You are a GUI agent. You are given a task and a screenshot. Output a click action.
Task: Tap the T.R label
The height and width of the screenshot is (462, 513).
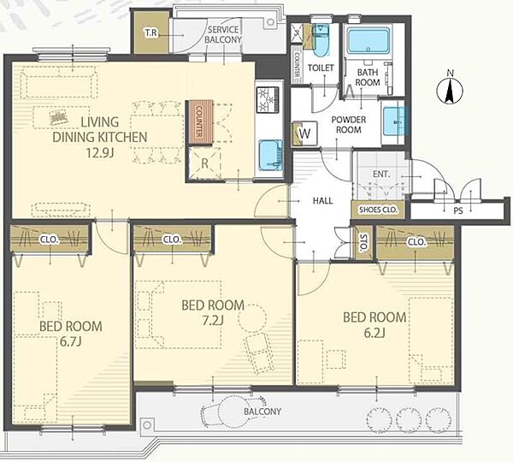pyautogui.click(x=150, y=33)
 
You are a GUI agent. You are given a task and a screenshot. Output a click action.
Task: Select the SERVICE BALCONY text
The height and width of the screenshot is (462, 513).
pyautogui.click(x=223, y=35)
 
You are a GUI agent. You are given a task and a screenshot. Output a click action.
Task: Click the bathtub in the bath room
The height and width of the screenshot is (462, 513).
pyautogui.click(x=369, y=41)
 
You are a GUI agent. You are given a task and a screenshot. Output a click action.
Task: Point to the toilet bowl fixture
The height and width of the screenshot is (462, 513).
pyautogui.click(x=320, y=41)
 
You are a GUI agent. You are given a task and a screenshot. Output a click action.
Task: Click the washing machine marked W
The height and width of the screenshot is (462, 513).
pyautogui.click(x=304, y=133)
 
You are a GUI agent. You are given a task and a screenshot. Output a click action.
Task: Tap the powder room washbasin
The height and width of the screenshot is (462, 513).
pyautogui.click(x=395, y=121)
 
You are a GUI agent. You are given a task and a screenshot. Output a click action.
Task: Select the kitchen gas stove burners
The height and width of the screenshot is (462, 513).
pyautogui.click(x=268, y=99)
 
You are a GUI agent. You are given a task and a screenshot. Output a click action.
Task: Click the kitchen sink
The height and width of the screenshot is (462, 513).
pyautogui.click(x=271, y=156)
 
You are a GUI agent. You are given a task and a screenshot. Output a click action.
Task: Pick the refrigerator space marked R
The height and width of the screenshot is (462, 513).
pyautogui.click(x=204, y=163)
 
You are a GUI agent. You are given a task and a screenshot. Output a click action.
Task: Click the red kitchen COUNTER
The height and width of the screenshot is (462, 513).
pyautogui.click(x=200, y=121)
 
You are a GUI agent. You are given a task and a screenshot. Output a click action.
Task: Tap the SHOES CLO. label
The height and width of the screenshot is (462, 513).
pyautogui.click(x=378, y=210)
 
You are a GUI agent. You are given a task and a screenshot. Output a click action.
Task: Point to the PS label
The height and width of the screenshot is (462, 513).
pyautogui.click(x=458, y=211)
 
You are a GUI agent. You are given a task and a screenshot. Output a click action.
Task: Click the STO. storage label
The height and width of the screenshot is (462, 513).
pyautogui.click(x=363, y=243)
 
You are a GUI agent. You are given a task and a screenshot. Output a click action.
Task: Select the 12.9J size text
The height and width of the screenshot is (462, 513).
pyautogui.click(x=99, y=153)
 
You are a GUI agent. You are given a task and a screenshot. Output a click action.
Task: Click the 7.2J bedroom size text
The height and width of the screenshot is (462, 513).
pyautogui.click(x=213, y=321)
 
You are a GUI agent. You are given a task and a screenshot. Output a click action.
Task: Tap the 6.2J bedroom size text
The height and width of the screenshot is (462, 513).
pyautogui.click(x=374, y=333)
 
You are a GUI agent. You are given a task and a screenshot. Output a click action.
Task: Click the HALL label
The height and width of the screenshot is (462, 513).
pyautogui.click(x=322, y=201)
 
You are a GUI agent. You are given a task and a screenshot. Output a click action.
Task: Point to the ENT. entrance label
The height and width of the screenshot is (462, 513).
pyautogui.click(x=381, y=175)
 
